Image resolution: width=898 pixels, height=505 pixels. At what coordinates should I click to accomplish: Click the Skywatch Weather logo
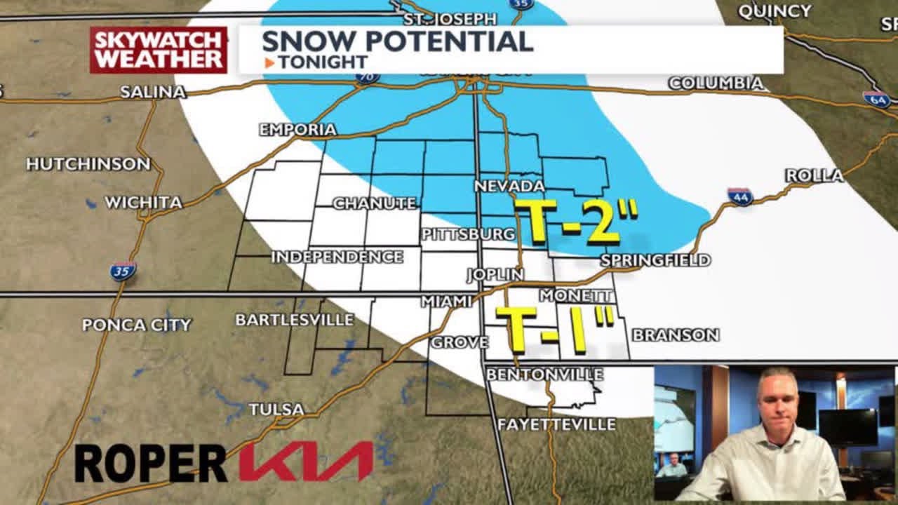(x=159, y=50)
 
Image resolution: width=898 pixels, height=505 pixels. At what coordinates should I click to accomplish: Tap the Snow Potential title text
(x=397, y=41)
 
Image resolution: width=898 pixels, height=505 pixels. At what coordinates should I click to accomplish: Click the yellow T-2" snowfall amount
(x=576, y=220)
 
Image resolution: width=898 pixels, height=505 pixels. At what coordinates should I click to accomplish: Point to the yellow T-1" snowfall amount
(x=554, y=328)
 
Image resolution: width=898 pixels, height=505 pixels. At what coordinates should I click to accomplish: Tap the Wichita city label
(x=143, y=203)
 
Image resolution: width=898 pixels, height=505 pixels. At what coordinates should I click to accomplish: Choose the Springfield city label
(x=655, y=260)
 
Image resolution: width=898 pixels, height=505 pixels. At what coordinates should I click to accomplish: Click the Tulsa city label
(x=276, y=409)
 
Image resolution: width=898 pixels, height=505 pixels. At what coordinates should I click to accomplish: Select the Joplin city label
(x=495, y=274)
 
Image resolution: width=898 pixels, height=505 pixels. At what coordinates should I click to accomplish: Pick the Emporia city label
(x=297, y=130)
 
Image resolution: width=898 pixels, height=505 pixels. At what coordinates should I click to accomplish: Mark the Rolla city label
(x=814, y=175)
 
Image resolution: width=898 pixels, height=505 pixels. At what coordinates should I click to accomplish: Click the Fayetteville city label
(x=556, y=424)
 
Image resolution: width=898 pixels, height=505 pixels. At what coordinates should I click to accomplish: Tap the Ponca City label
(x=137, y=325)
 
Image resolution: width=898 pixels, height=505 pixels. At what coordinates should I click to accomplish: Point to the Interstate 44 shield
(x=739, y=197)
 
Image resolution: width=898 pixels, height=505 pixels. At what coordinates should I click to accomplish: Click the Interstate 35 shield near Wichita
(x=123, y=271)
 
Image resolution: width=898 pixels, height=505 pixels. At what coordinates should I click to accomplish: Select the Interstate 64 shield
(x=876, y=99)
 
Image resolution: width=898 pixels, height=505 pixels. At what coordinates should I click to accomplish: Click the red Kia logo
(x=306, y=462)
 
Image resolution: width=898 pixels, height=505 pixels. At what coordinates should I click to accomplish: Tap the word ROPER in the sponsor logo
(x=150, y=463)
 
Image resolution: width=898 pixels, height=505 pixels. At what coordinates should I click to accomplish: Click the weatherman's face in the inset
(x=777, y=397)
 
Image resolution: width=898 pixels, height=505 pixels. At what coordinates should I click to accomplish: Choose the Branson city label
(x=675, y=335)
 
